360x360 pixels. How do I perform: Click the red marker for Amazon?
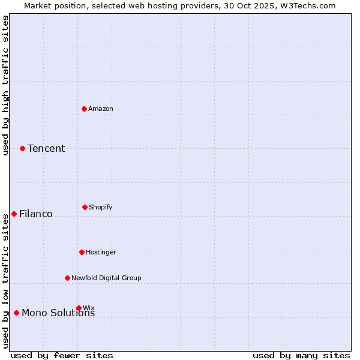pyautogui.click(x=85, y=109)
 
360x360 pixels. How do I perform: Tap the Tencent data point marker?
pyautogui.click(x=23, y=148)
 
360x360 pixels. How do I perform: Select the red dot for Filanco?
pyautogui.click(x=14, y=214)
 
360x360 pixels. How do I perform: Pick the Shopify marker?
pyautogui.click(x=85, y=207)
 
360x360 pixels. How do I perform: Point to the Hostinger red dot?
pyautogui.click(x=82, y=252)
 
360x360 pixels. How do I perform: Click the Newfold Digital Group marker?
pyautogui.click(x=68, y=278)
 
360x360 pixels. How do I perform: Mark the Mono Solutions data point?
pyautogui.click(x=17, y=313)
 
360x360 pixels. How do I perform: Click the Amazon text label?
pyautogui.click(x=101, y=109)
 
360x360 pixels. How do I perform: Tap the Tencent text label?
pyautogui.click(x=46, y=149)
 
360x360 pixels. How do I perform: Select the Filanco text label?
pyautogui.click(x=36, y=214)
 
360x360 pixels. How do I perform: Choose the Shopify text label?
pyautogui.click(x=101, y=208)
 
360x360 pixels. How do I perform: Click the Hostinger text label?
pyautogui.click(x=101, y=253)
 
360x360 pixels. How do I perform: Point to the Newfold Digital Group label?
pyautogui.click(x=106, y=278)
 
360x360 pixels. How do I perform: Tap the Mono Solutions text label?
pyautogui.click(x=58, y=313)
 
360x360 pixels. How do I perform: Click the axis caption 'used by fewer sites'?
pyautogui.click(x=62, y=356)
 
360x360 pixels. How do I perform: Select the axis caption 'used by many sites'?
pyautogui.click(x=301, y=356)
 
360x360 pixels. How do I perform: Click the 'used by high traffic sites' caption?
pyautogui.click(x=6, y=85)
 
